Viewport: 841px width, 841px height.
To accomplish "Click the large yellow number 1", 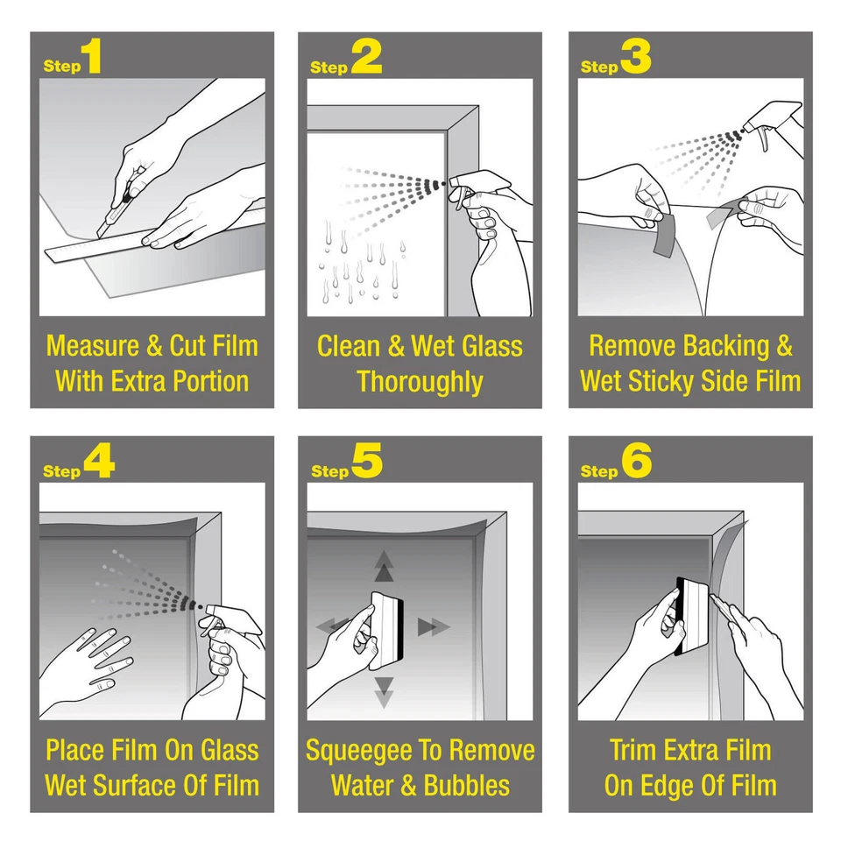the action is (x=92, y=56).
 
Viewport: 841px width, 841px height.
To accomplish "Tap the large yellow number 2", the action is (x=367, y=56).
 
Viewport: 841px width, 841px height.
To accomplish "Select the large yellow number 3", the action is (x=636, y=56).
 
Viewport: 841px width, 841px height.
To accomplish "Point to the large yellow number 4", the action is (x=99, y=462).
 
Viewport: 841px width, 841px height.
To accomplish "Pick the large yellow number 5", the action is (x=367, y=462).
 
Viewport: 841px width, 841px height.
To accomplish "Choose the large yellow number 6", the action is (x=637, y=462).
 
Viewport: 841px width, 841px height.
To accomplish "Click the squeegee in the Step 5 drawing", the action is (x=387, y=629).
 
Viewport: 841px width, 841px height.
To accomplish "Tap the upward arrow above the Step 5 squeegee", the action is (x=384, y=566).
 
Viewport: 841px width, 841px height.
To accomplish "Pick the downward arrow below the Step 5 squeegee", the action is (x=384, y=692).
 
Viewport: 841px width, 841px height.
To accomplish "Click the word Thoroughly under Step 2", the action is (x=420, y=382).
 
